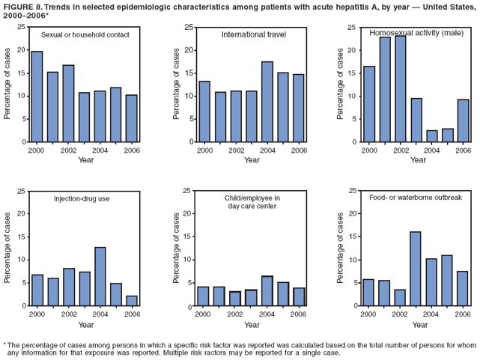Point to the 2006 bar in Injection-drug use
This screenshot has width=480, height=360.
132,301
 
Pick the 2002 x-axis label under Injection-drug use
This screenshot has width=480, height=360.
69,314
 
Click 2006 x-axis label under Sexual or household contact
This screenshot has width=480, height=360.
132,150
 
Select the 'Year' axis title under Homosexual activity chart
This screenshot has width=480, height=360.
416,160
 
